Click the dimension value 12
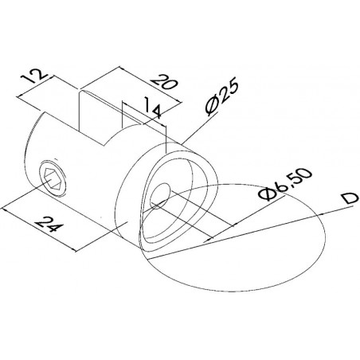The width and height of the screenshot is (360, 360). pyautogui.click(x=34, y=76)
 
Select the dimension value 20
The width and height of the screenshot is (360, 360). pyautogui.click(x=164, y=82)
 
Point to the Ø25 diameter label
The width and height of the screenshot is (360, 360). pyautogui.click(x=221, y=98)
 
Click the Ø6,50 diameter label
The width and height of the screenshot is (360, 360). pyautogui.click(x=285, y=184)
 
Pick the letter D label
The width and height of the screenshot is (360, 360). pyautogui.click(x=349, y=198)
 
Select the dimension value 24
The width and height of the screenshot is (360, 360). pyautogui.click(x=49, y=225)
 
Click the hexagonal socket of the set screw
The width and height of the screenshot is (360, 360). pyautogui.click(x=52, y=178)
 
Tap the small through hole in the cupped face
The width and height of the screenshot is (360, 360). pyautogui.click(x=160, y=195)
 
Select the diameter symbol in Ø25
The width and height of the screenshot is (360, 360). pyautogui.click(x=212, y=108)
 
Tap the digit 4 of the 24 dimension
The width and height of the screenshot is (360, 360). pyautogui.click(x=57, y=228)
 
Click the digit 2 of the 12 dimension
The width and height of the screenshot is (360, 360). pyautogui.click(x=41, y=74)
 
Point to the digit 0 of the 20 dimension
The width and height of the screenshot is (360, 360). pyautogui.click(x=170, y=84)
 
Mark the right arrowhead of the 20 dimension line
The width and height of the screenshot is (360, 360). pyautogui.click(x=178, y=101)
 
